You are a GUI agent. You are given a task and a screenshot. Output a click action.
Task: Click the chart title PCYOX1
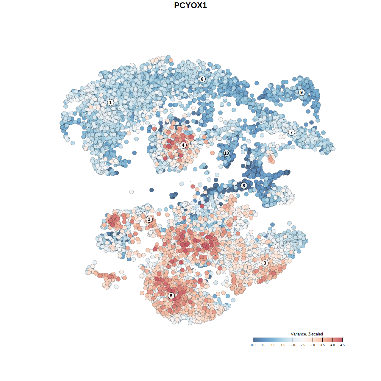tap(190, 5)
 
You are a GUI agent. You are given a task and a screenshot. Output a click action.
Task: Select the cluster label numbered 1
tap(110, 103)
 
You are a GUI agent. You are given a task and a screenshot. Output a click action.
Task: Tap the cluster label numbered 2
tap(149, 219)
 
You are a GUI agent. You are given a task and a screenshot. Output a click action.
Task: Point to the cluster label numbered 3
tap(265, 263)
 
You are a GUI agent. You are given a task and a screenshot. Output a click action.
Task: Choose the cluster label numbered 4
tap(183, 145)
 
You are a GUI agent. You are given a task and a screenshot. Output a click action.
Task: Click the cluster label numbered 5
tap(171, 296)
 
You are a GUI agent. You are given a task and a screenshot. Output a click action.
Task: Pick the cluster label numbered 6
tap(202, 79)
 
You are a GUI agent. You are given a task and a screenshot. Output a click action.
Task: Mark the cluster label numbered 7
tap(291, 132)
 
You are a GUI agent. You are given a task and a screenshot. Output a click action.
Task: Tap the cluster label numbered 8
tap(244, 186)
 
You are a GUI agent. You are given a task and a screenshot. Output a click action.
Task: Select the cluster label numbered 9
tap(302, 92)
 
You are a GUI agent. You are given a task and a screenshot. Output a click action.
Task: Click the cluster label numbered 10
tap(227, 153)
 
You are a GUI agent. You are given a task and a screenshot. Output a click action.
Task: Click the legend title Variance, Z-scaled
tap(307, 334)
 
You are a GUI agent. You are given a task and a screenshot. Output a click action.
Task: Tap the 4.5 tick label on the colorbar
tap(342, 345)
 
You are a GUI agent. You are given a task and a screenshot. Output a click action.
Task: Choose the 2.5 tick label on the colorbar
tap(303, 345)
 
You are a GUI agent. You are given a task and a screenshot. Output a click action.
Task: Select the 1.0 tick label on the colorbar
tap(273, 345)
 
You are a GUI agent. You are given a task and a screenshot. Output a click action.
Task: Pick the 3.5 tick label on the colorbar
tap(322, 345)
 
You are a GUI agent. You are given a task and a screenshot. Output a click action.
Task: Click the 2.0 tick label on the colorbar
tap(293, 345)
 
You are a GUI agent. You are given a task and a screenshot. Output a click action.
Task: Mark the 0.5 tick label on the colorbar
tap(263, 345)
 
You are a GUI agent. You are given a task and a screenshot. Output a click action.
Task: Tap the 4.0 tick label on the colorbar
tap(332, 345)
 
